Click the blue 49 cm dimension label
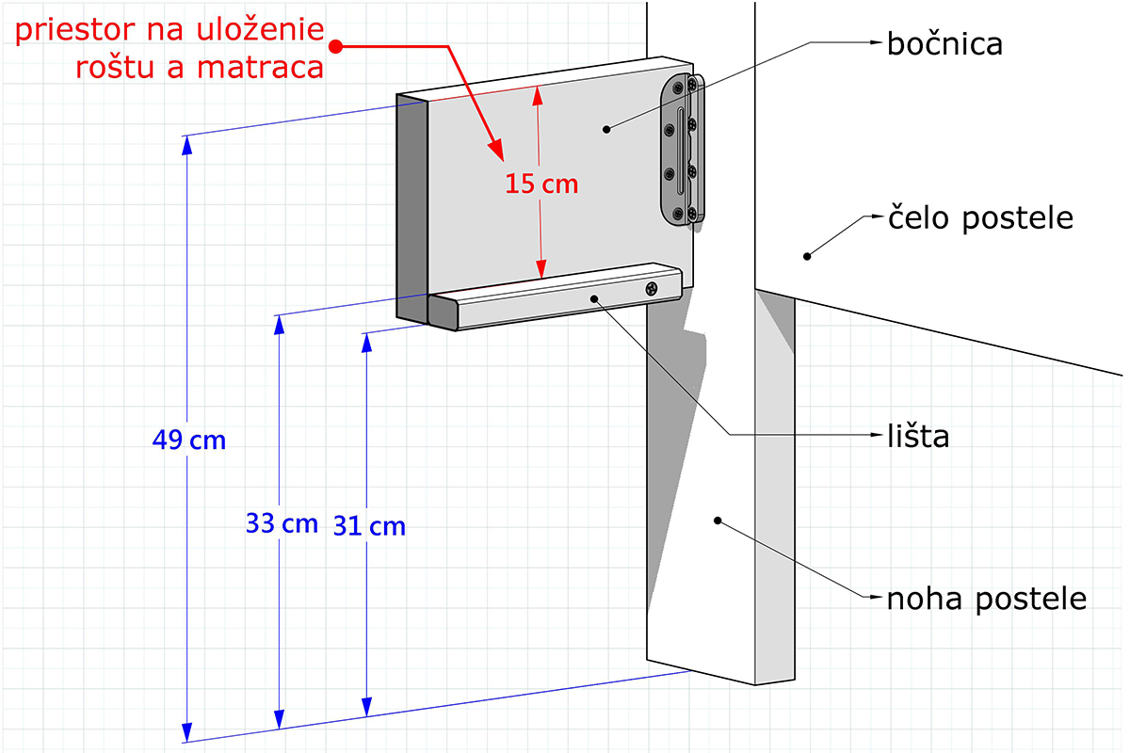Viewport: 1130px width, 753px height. coord(188,440)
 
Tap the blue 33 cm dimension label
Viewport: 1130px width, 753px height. coord(282,523)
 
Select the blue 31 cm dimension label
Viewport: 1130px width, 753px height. coord(369,526)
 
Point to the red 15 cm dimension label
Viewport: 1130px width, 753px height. coord(541,184)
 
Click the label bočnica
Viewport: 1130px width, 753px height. coord(944,44)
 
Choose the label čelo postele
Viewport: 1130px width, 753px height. coord(980,219)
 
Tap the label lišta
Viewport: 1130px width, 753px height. coord(918,436)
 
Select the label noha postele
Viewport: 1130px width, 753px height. coord(987,600)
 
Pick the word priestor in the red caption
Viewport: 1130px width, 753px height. coord(75,31)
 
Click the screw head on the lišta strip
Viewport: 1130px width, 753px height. coord(652,289)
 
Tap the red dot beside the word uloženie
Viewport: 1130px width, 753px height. coord(336,47)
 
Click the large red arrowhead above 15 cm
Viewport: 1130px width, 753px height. coord(496,150)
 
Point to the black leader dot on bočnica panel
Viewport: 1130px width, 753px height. coord(606,130)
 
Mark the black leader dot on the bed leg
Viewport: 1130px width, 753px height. coord(718,521)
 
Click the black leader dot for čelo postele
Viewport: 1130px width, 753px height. coord(807,257)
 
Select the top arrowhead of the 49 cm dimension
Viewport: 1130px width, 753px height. coord(187,145)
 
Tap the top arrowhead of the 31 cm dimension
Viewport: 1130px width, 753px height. coord(366,343)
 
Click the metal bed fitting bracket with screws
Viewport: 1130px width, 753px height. coord(682,150)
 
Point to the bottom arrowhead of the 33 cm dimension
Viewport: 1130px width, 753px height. coord(279,719)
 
